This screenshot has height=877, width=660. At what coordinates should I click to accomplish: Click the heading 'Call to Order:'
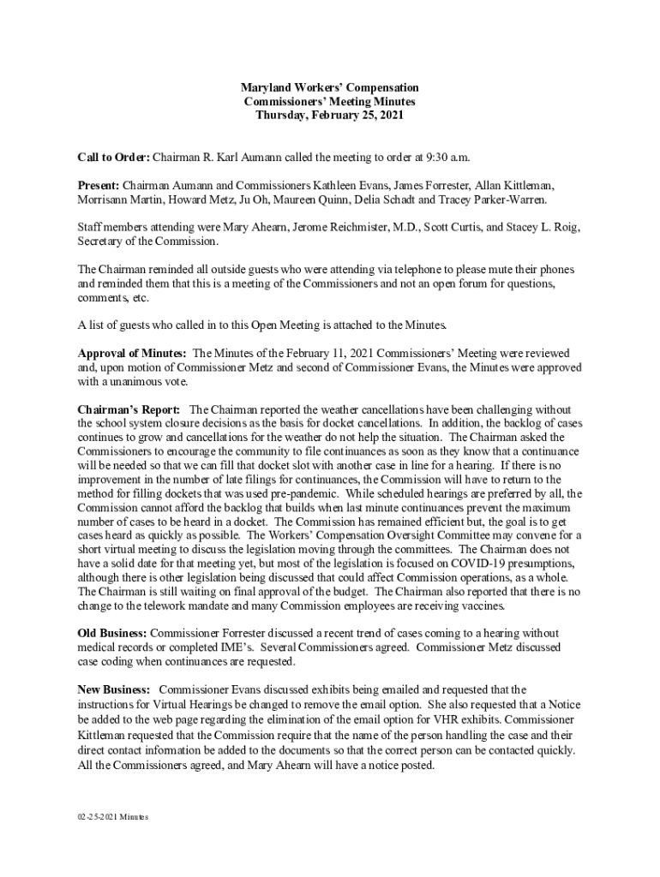click(114, 158)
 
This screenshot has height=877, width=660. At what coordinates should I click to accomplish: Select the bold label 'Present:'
click(99, 185)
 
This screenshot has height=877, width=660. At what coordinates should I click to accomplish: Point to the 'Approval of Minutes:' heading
click(132, 353)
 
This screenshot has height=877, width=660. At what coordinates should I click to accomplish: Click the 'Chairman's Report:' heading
click(129, 409)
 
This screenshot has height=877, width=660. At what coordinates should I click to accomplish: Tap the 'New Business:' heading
click(115, 689)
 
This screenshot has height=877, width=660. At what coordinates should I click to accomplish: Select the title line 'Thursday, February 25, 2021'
click(329, 115)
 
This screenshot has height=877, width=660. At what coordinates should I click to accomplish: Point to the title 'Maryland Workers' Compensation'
click(329, 87)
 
